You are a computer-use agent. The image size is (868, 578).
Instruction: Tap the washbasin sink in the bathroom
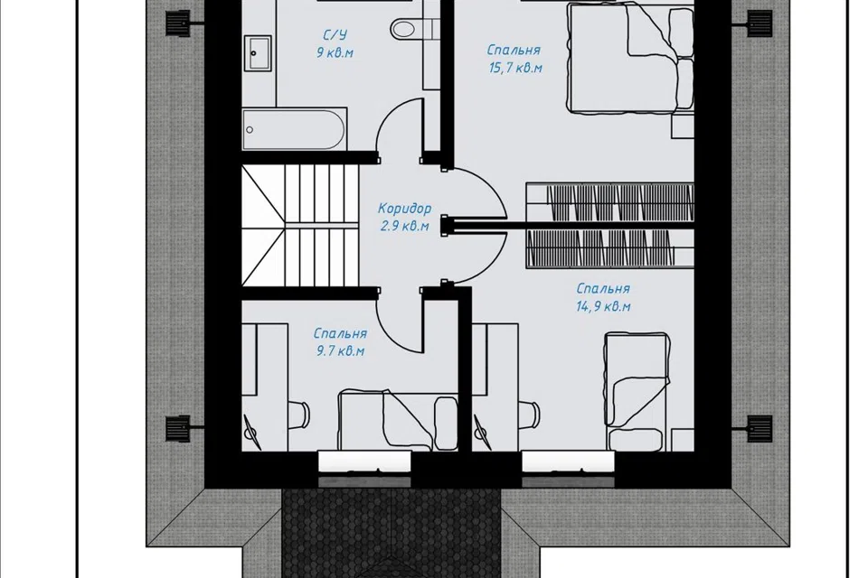click(x=258, y=53)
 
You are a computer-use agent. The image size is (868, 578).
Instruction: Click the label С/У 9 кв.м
click(x=335, y=44)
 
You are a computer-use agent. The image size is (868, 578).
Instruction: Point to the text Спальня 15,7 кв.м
click(x=514, y=59)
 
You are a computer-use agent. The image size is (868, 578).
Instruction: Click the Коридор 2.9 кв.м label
click(x=404, y=217)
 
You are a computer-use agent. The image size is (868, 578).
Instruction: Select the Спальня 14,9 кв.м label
click(x=603, y=297)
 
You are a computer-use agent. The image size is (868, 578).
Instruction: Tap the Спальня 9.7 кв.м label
click(x=340, y=341)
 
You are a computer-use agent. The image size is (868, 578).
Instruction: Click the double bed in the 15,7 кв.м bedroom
click(x=630, y=58)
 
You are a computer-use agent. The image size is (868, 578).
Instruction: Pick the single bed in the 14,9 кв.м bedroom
click(x=636, y=392)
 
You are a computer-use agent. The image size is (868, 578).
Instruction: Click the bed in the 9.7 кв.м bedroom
click(x=397, y=420)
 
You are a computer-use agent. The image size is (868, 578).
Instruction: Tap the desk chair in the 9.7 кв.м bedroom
click(x=299, y=414)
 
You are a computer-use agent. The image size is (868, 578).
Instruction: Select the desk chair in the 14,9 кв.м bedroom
click(x=531, y=414)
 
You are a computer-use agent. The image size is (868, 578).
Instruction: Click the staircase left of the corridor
click(x=300, y=227)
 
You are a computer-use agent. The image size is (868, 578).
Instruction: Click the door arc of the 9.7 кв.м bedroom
click(x=398, y=321)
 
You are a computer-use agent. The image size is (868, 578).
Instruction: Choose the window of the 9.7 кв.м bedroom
click(x=365, y=461)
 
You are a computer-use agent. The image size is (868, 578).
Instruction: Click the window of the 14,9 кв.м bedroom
click(x=569, y=461)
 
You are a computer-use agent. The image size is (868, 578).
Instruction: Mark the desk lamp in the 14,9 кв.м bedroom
click(x=482, y=432)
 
